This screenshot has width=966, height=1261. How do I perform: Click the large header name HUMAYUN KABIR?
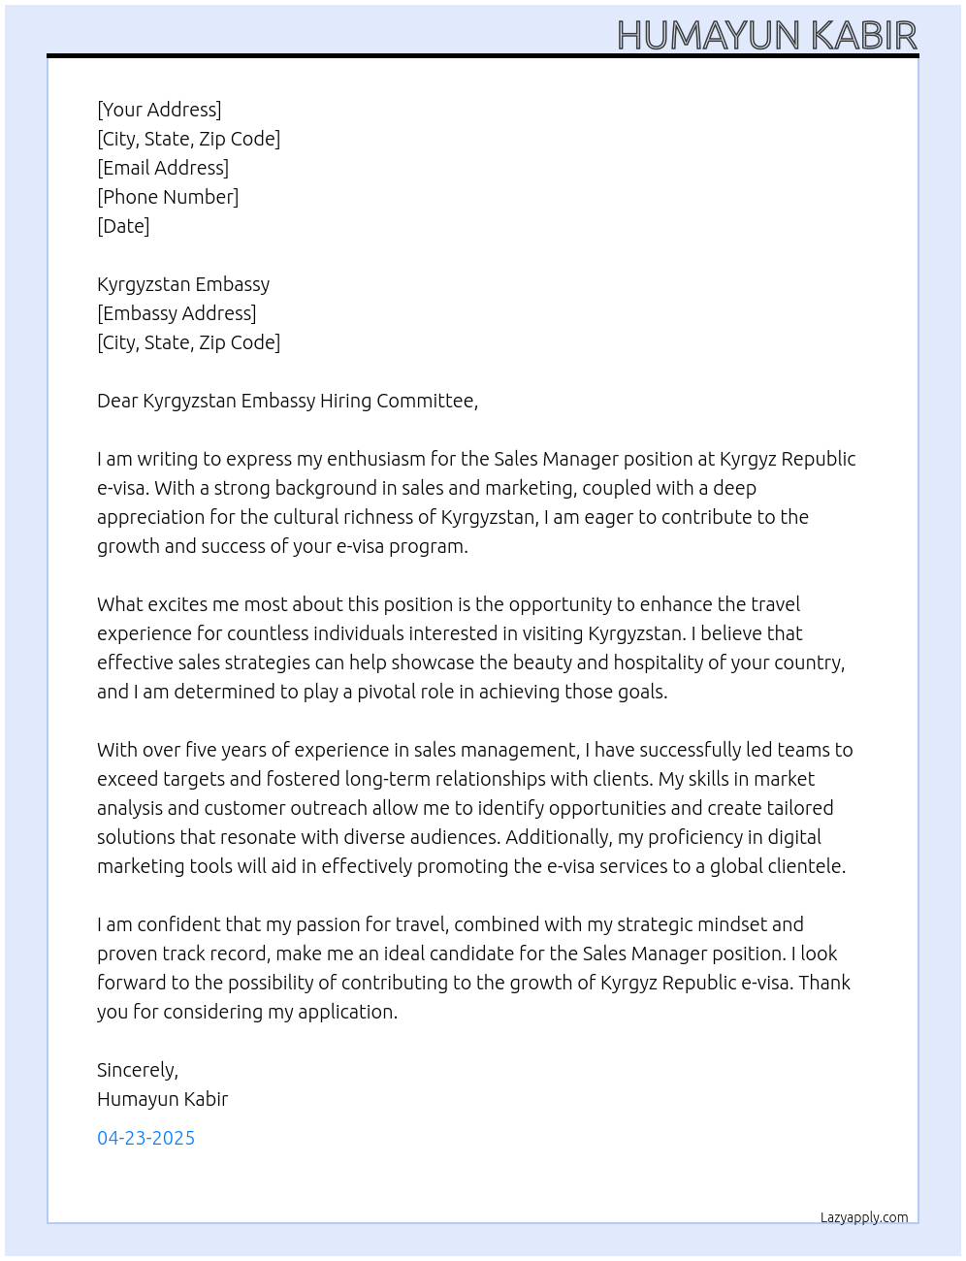[766, 35]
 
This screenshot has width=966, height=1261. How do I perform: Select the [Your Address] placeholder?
[159, 110]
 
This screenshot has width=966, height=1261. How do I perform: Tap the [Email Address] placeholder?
[163, 168]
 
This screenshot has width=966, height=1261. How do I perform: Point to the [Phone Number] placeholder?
[168, 197]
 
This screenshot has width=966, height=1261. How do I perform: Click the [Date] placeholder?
[123, 226]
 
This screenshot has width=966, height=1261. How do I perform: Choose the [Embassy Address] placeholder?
[177, 313]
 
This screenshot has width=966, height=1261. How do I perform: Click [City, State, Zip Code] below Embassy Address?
[188, 342]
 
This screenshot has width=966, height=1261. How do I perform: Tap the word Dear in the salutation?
[117, 401]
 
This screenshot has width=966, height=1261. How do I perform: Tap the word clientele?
[805, 866]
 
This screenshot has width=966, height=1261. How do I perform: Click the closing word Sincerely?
[137, 1070]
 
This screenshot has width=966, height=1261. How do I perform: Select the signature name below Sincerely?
[162, 1099]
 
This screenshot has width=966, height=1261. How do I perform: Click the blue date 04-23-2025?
[145, 1138]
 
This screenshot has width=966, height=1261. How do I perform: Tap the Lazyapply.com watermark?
[863, 1217]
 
